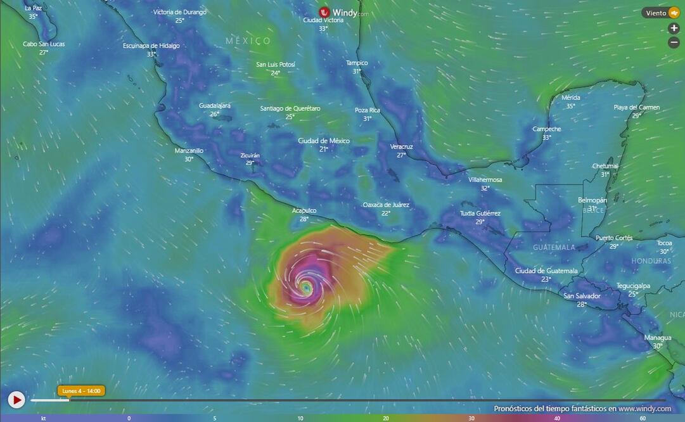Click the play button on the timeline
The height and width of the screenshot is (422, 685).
coord(16,400)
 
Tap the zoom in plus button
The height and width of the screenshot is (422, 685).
coord(674,29)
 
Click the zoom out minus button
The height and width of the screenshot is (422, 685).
coord(674,42)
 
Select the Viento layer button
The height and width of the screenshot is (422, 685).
coord(661,13)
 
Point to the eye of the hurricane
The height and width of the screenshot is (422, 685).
coord(307,288)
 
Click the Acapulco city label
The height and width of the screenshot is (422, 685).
coord(304,210)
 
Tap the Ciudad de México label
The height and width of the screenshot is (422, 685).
coord(324,141)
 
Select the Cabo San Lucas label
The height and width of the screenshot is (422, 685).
coord(44,44)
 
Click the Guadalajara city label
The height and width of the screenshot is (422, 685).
coord(215,105)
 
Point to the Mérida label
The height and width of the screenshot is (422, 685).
coord(570,98)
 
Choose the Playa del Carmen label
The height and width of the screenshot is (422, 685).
coord(636,107)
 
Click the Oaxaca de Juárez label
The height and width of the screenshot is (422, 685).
coord(386,205)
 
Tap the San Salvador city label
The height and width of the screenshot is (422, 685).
coord(582,296)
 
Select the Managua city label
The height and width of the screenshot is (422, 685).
coord(657,338)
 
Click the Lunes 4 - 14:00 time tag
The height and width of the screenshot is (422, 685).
coord(81,391)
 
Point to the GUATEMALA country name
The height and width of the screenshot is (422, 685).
coord(554,247)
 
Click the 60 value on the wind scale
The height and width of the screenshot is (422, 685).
coord(643,418)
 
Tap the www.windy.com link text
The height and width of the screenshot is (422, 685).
coord(644,409)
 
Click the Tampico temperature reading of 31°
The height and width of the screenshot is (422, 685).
coord(357,72)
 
